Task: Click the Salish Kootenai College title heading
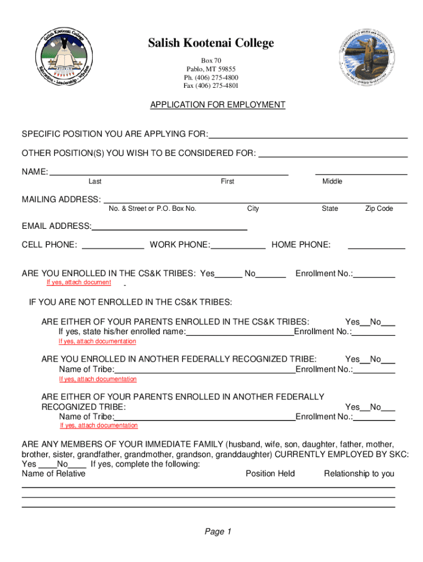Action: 211,43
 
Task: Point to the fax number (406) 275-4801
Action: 211,86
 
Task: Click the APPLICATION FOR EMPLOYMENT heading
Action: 218,104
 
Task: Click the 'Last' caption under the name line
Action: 94,182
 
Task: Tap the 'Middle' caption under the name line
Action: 332,182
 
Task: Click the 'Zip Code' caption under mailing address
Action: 379,209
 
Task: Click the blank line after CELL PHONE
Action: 113,245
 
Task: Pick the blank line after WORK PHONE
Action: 238,245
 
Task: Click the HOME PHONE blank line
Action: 377,245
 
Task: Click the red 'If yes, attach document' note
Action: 79,282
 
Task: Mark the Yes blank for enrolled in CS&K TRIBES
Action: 229,274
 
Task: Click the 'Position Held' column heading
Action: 270,474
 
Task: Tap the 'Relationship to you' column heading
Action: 359,474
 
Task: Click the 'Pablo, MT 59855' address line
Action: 211,69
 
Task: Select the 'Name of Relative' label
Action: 53,474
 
